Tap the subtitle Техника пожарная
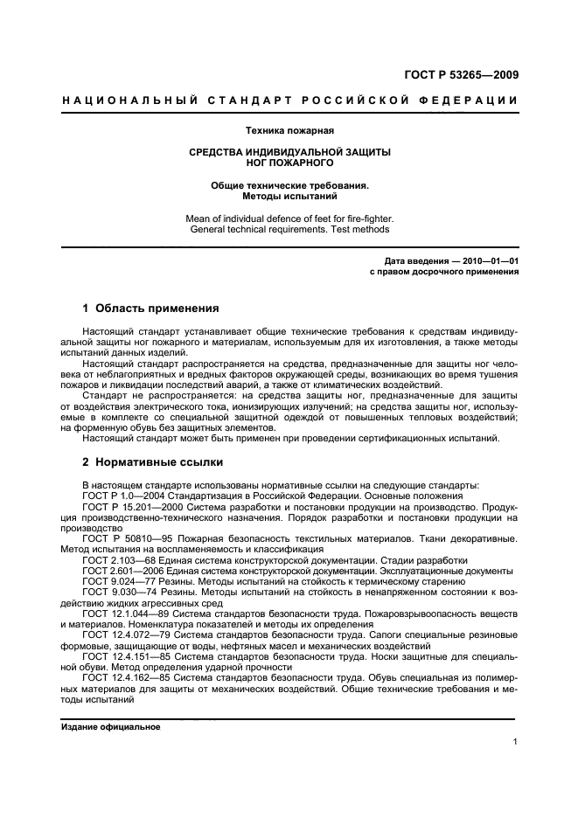[289, 131]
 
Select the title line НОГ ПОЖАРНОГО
[289, 163]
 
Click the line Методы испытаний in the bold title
[289, 197]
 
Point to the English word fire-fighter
[365, 218]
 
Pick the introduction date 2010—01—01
[490, 260]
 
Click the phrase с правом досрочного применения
[445, 271]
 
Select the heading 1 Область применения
[144, 308]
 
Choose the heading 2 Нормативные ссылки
[144, 461]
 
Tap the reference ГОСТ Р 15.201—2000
[129, 506]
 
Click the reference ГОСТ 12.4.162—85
[124, 677]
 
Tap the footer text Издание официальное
[110, 726]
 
